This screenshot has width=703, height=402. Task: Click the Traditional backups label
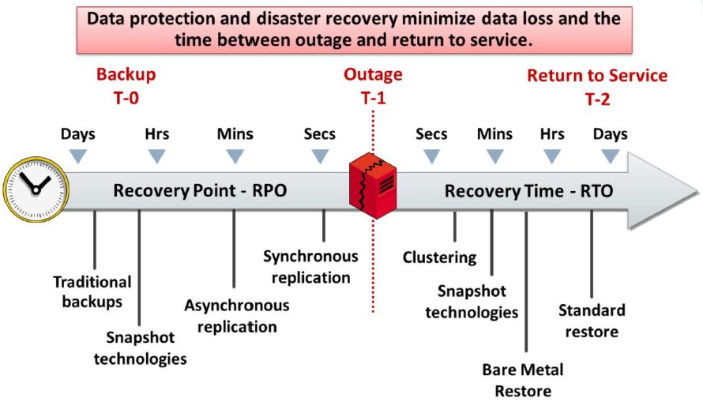coord(92,291)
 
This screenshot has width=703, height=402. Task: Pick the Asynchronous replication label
coord(236,315)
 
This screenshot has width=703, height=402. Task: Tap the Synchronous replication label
coord(310,267)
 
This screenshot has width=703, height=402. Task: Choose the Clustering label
coord(439,257)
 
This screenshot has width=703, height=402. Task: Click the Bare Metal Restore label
coord(523,380)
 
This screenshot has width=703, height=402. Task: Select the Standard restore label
coord(592,320)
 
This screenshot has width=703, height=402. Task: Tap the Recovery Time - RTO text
coord(528,190)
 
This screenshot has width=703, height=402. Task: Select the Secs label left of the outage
coord(319,134)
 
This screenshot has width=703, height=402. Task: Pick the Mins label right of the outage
coord(494,134)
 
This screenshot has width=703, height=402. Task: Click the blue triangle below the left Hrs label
coord(157,156)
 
